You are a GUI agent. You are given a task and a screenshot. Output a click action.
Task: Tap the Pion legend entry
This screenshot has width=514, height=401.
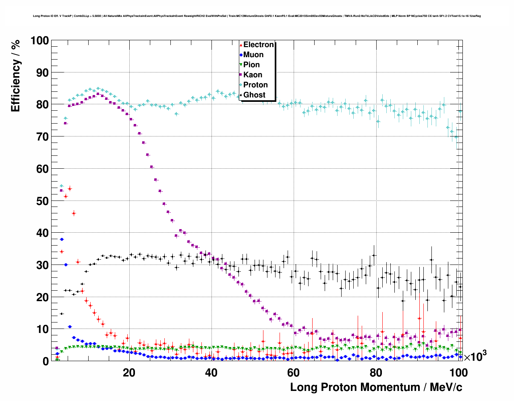click(x=251, y=65)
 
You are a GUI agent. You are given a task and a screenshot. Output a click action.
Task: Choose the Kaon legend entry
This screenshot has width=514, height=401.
click(x=253, y=75)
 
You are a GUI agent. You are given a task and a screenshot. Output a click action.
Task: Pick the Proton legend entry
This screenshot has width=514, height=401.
click(x=255, y=85)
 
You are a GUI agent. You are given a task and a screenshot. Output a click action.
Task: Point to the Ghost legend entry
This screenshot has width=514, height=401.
click(x=254, y=95)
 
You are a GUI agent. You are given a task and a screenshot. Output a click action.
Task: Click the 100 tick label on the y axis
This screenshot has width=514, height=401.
click(x=39, y=41)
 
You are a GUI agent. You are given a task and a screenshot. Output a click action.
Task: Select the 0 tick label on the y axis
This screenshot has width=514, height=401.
click(x=46, y=361)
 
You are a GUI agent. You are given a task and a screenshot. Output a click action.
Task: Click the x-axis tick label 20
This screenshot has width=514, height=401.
click(x=129, y=372)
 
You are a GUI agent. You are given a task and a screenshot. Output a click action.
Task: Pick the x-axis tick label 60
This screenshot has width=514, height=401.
click(x=293, y=372)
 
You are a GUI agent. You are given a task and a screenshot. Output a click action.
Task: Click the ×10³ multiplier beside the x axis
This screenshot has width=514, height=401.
click(x=475, y=356)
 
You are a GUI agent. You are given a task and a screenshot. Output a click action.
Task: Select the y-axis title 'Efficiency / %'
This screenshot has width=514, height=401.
click(x=16, y=76)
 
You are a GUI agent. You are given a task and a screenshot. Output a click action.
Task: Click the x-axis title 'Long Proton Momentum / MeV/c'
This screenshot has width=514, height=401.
click(x=376, y=387)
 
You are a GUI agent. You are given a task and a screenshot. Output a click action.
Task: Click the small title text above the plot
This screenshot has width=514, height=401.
click(x=257, y=16)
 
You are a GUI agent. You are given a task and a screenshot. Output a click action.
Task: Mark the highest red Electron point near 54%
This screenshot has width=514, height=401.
click(x=70, y=188)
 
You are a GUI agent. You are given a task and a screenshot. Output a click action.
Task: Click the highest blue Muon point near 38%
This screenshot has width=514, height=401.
click(x=62, y=239)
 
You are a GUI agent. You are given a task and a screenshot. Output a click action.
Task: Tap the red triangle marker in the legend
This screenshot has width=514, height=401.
click(x=241, y=45)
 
